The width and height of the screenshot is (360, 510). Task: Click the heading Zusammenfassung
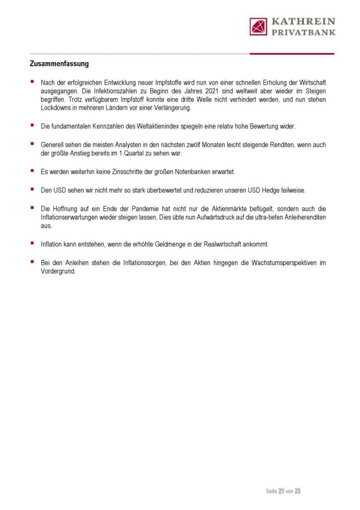(x=59, y=64)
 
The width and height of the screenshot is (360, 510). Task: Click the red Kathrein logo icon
(x=258, y=26)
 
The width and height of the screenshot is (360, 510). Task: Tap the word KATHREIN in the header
(x=303, y=21)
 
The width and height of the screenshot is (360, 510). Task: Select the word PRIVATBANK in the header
(x=303, y=32)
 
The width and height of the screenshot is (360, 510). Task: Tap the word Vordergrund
(x=58, y=271)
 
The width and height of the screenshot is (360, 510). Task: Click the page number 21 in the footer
(x=281, y=491)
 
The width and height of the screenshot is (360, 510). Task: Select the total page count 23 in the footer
(x=298, y=491)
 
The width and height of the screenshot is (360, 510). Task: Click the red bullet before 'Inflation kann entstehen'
(x=32, y=243)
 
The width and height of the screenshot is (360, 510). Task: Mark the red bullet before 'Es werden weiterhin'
(x=32, y=171)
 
